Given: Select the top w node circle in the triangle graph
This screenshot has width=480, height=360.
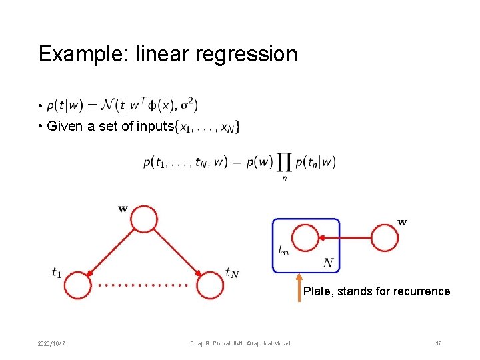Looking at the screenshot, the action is (144, 219).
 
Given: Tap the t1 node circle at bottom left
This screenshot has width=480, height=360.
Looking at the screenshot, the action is (77, 285).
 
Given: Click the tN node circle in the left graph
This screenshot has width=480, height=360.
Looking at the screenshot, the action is (211, 285).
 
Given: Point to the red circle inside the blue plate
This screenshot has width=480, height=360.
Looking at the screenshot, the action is (306, 237).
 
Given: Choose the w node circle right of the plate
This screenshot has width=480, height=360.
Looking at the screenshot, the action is (385, 237).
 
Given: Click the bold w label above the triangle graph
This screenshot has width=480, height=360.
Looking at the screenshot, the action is (123, 209).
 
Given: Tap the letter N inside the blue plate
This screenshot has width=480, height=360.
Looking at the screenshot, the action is (327, 263).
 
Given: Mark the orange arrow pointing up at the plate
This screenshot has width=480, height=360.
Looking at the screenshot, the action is (299, 285).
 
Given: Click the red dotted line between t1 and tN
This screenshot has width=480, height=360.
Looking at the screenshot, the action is (143, 285).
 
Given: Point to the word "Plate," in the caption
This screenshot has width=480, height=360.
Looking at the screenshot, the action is (318, 291).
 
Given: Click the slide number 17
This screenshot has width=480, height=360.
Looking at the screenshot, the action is (438, 343).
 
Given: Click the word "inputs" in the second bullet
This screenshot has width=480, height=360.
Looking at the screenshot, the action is (155, 127).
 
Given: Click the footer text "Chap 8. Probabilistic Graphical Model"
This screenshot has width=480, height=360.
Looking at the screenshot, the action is (240, 343).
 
